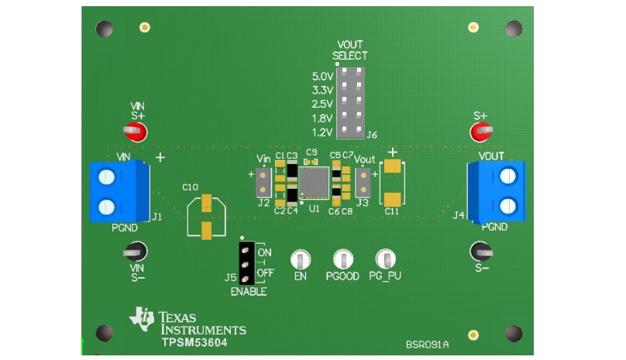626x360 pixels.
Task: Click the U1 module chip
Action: click(x=314, y=182)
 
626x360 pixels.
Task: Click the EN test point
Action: click(x=300, y=260)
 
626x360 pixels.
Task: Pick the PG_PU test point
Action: click(x=385, y=260)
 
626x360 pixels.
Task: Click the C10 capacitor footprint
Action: click(x=206, y=216)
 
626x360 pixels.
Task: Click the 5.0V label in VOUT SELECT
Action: click(x=322, y=77)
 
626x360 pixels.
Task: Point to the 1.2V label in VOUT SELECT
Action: click(x=322, y=132)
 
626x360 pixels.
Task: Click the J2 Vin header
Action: click(x=263, y=182)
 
